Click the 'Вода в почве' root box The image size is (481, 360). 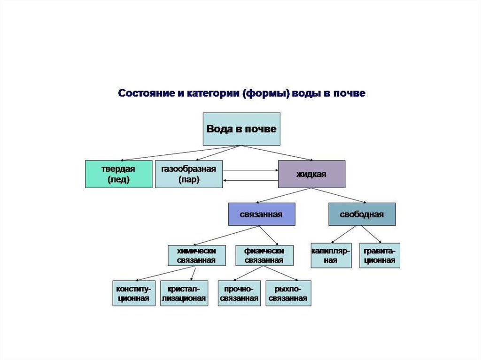pyautogui.click(x=241, y=129)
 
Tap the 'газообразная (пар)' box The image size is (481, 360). pyautogui.click(x=188, y=174)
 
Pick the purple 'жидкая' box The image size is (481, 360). pyautogui.click(x=311, y=174)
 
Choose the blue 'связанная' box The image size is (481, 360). pyautogui.click(x=261, y=214)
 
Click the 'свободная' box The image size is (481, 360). pyautogui.click(x=362, y=214)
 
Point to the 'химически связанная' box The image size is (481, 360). pyautogui.click(x=196, y=256)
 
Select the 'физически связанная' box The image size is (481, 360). pyautogui.click(x=264, y=256)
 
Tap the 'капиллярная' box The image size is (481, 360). pyautogui.click(x=331, y=255)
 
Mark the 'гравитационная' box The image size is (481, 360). pyautogui.click(x=380, y=255)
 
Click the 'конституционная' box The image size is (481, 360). pyautogui.click(x=134, y=293)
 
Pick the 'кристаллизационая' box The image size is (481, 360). pyautogui.click(x=184, y=293)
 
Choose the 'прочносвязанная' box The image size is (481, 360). pyautogui.click(x=239, y=293)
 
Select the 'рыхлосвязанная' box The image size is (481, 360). pyautogui.click(x=288, y=293)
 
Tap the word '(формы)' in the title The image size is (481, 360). pyautogui.click(x=266, y=93)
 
